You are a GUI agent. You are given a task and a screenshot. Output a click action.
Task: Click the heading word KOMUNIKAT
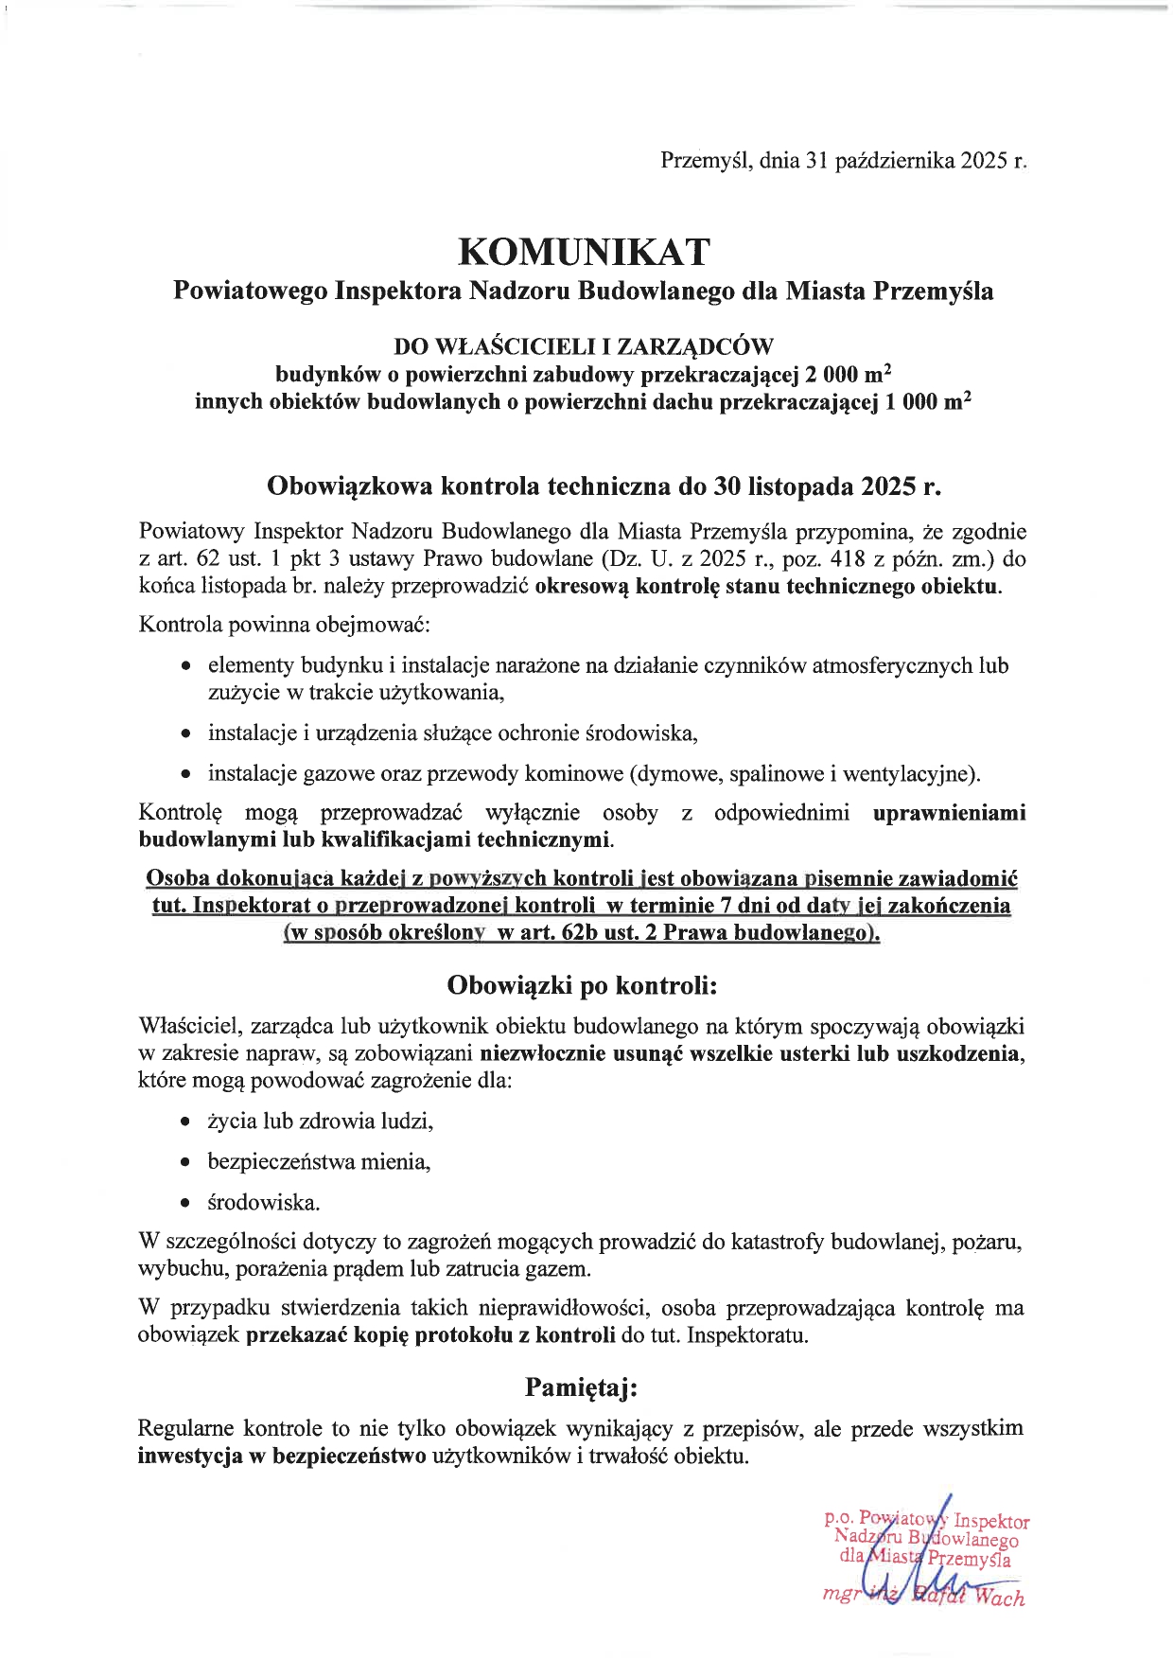pos(584,252)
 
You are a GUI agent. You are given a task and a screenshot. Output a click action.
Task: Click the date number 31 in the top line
pos(817,161)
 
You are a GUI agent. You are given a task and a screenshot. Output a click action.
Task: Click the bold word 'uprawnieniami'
pos(949,813)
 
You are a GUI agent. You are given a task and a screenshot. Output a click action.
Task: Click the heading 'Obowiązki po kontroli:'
pos(583,986)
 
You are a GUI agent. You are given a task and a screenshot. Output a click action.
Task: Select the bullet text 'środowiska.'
pos(264,1203)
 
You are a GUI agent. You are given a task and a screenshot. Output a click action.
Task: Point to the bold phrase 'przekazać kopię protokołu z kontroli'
pos(430,1335)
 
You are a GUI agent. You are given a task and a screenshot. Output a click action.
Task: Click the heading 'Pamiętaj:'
pos(583,1387)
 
